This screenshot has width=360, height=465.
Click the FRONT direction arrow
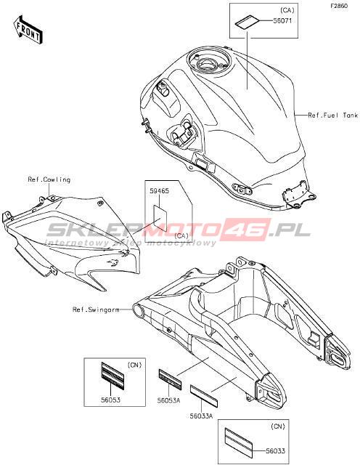pyautogui.click(x=28, y=29)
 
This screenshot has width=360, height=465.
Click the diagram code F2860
pyautogui.click(x=339, y=6)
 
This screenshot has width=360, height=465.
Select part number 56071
pyautogui.click(x=282, y=21)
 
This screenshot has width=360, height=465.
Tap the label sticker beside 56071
pyautogui.click(x=247, y=23)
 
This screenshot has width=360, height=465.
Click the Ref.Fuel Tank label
pyautogui.click(x=332, y=115)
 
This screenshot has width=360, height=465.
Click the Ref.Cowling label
pyautogui.click(x=49, y=179)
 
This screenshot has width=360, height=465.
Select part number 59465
pyautogui.click(x=160, y=190)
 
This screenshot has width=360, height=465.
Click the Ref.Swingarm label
pyautogui.click(x=96, y=310)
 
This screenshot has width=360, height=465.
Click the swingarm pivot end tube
pyautogui.click(x=139, y=310)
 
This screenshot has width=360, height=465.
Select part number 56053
pyautogui.click(x=110, y=400)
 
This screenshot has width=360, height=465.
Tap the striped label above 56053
pyautogui.click(x=112, y=373)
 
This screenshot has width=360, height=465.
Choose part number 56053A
pyautogui.click(x=168, y=400)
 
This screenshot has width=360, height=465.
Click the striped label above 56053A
pyautogui.click(x=170, y=379)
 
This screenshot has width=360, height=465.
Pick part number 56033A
pyautogui.click(x=201, y=416)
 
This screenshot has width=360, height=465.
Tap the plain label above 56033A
pyautogui.click(x=204, y=396)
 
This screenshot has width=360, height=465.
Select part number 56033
pyautogui.click(x=275, y=451)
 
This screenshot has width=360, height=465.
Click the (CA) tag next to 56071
pyautogui.click(x=287, y=10)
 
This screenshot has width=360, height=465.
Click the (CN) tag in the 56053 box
pyautogui.click(x=134, y=365)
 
